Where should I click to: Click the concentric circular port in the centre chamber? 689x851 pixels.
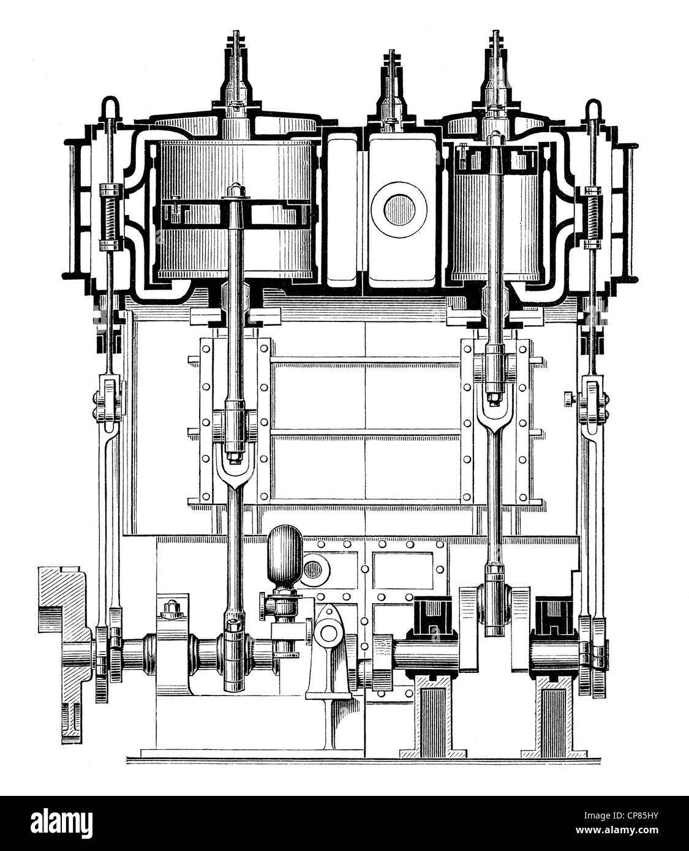point(399,210)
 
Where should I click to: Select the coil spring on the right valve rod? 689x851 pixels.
point(592,219)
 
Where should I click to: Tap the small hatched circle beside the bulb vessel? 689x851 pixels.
point(313,569)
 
